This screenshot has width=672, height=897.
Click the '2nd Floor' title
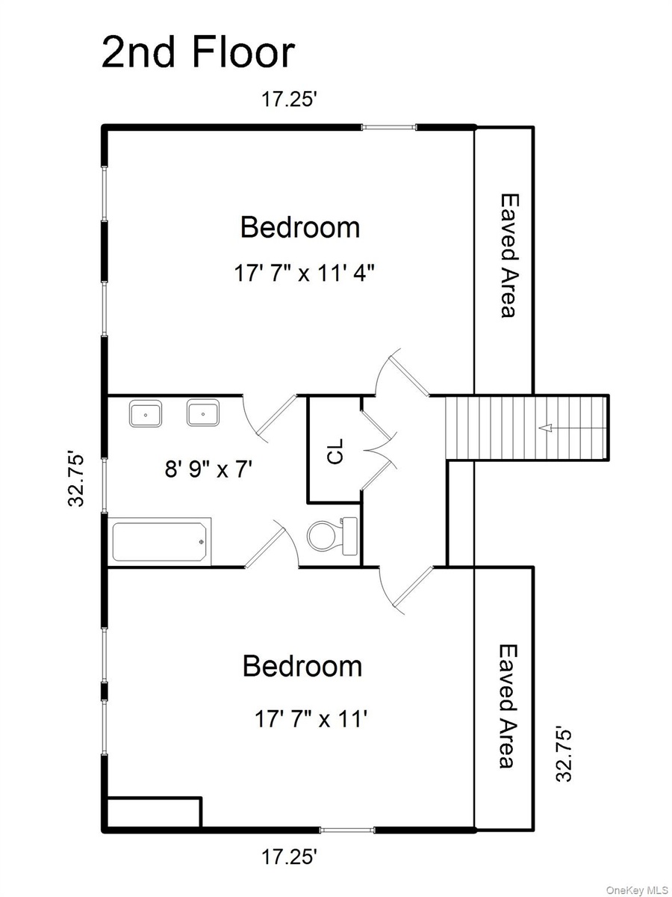coord(198,53)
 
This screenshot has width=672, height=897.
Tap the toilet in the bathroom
coord(332,536)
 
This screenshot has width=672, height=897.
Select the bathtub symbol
coord(161,541)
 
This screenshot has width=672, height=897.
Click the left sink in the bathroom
coord(146,413)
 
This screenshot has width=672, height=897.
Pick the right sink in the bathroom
coord(203,413)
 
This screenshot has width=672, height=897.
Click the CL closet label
coord(335,451)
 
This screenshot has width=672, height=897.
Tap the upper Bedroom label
coord(300,227)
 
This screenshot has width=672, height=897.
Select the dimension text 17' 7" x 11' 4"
coord(305,273)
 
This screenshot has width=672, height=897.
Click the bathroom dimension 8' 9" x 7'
coord(208,469)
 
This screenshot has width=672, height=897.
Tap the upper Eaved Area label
coord(510,256)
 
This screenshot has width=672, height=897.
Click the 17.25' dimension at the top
coord(289,99)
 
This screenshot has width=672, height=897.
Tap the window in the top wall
coord(389,128)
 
